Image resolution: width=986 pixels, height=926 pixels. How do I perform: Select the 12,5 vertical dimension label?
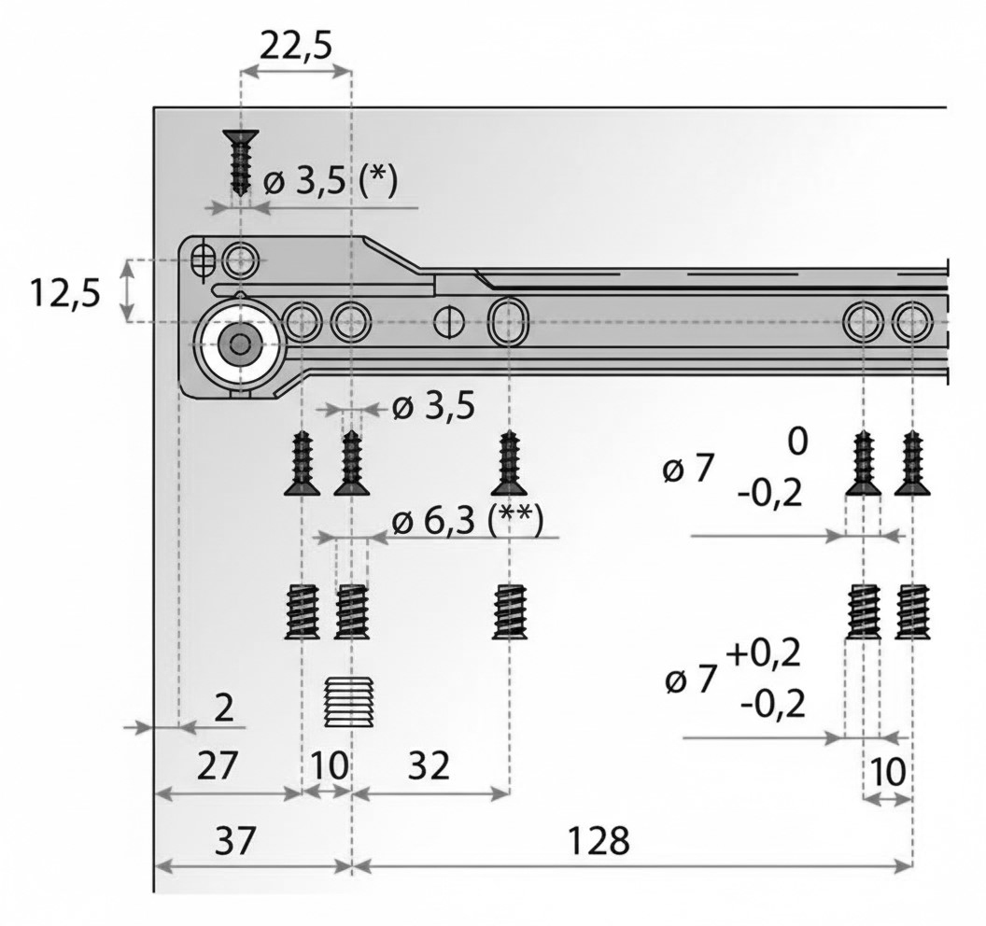coord(65,293)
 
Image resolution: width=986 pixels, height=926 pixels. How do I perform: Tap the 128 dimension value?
coord(598,840)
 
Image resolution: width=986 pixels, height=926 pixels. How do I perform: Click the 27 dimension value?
coord(217,765)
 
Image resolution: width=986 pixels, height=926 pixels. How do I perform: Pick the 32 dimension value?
coord(429,765)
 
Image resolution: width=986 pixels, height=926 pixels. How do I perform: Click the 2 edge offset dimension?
coord(224,709)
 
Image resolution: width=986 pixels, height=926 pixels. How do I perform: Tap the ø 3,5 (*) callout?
coord(331,183)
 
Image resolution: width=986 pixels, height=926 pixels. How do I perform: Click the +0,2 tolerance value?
coord(764,655)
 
